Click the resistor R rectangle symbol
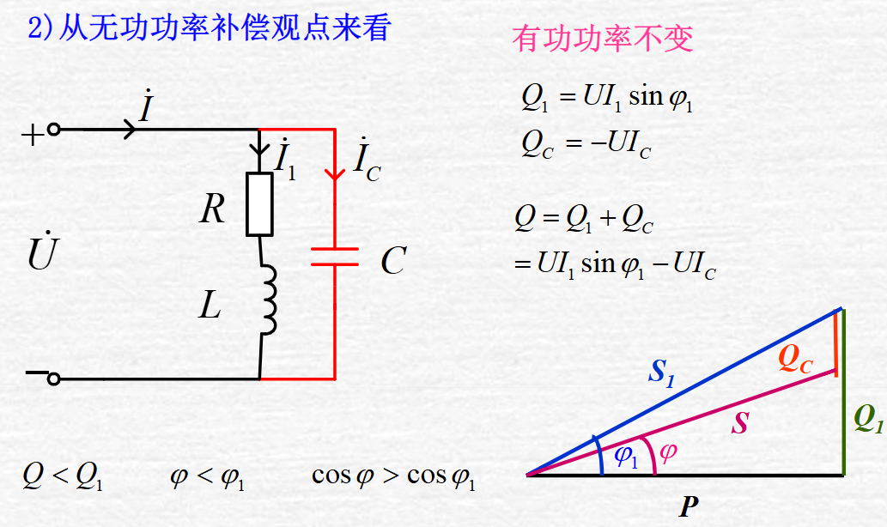[x=259, y=204]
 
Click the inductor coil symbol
[x=267, y=299]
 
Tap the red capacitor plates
[x=334, y=257]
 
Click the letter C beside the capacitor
[x=392, y=261]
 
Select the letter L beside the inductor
[x=210, y=306]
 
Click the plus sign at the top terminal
[x=31, y=135]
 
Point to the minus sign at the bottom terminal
[x=36, y=373]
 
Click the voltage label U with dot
[x=40, y=253]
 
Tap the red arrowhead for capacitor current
[x=334, y=173]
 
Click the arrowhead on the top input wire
[x=129, y=130]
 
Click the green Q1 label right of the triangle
[x=868, y=419]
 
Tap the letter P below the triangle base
[x=688, y=507]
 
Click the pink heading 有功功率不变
[x=603, y=39]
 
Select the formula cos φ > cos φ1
[x=393, y=476]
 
